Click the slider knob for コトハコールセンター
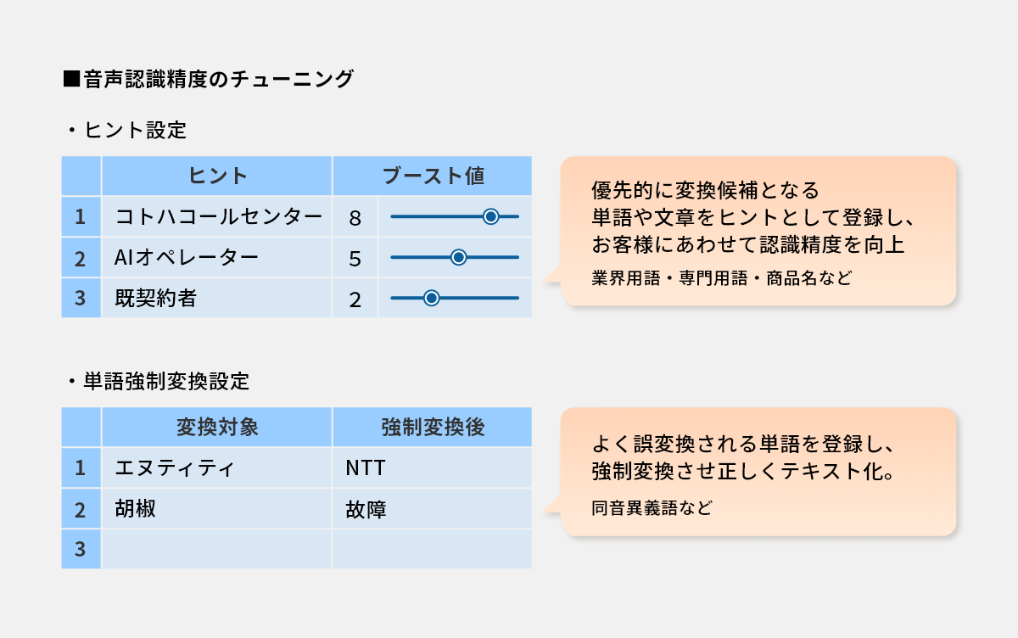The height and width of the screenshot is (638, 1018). tap(490, 216)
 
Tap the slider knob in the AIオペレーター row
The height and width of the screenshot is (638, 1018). tap(458, 257)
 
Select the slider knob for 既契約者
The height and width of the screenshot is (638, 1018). tap(431, 298)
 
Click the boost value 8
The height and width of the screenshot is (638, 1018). tap(355, 218)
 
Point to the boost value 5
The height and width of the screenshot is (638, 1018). tap(355, 259)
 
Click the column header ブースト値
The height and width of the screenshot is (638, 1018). tap(433, 176)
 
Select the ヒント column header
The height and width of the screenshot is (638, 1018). tap(218, 176)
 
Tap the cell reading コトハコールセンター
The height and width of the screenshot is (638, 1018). tap(218, 216)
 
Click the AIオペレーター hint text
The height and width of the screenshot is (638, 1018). tap(186, 258)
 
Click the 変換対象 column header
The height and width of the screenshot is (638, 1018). tap(218, 427)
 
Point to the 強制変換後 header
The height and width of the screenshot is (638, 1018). tap(433, 427)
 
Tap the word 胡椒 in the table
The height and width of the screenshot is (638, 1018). tap(136, 508)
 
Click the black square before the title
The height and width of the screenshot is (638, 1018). tap(71, 79)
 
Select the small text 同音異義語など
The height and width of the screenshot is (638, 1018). tap(652, 507)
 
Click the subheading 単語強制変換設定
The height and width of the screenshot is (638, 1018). tap(166, 381)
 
